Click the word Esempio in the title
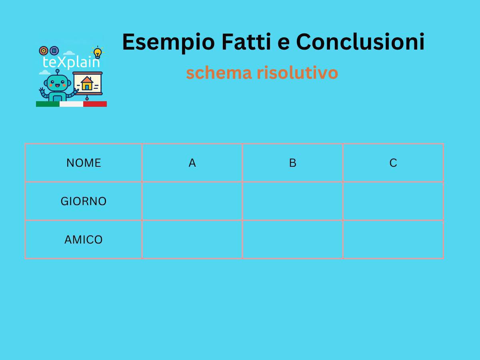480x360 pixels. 168,42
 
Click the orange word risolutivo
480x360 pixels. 297,73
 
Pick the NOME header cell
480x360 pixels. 84,163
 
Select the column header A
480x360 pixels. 192,163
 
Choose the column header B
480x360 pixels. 293,163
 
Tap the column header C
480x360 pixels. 393,163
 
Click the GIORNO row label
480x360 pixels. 84,201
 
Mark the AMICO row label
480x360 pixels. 84,240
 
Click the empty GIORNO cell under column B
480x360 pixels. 293,201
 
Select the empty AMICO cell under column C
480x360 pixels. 393,240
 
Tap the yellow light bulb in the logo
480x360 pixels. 98,52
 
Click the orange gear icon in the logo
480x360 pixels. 44,51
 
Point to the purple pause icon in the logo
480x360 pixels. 54,51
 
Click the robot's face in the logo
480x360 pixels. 57,83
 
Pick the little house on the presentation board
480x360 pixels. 87,83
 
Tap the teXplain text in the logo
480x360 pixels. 71,62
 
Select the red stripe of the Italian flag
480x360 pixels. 95,104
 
